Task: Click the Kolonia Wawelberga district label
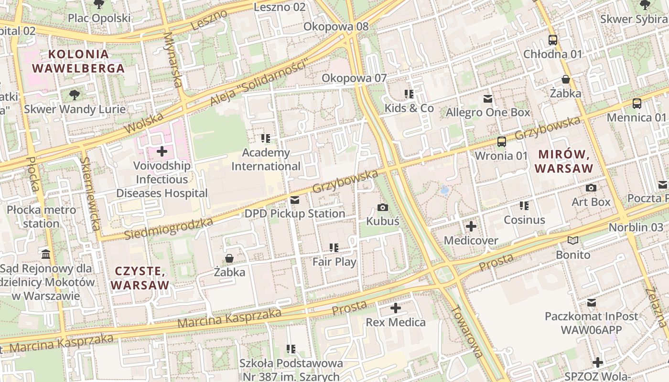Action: click(78, 61)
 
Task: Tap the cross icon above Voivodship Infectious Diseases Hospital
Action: click(162, 152)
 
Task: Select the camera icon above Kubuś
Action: click(382, 207)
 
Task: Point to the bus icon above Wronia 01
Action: click(501, 141)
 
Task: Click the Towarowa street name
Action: click(464, 331)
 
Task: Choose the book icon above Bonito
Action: click(572, 241)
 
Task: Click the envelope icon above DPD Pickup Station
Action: click(295, 200)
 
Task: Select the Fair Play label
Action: click(334, 262)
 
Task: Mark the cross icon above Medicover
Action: click(471, 226)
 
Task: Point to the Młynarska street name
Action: click(173, 60)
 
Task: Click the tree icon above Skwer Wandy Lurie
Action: click(75, 95)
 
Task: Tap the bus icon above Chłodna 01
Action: click(553, 40)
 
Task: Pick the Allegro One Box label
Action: click(487, 113)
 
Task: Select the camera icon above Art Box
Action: click(591, 188)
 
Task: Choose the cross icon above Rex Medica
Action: click(395, 308)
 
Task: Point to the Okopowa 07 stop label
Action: click(354, 78)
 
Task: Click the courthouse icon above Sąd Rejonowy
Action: click(46, 254)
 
